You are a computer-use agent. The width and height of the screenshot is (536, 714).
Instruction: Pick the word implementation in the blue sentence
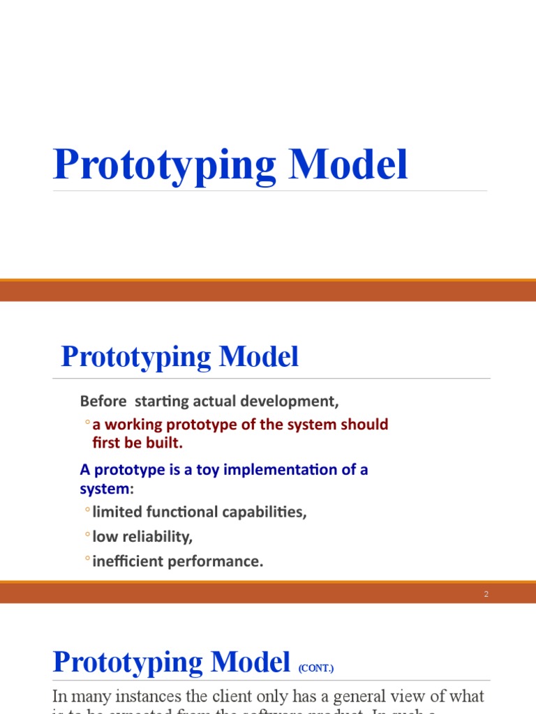tap(290, 469)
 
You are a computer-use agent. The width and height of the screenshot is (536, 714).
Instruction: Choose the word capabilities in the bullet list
tap(262, 512)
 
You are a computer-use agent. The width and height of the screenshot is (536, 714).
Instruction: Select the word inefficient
tap(126, 561)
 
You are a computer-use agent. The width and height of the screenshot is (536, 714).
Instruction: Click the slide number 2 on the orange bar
tap(486, 594)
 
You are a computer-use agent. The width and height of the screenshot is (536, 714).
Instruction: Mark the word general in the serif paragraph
tap(384, 697)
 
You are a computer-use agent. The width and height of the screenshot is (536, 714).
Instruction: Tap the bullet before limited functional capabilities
tap(87, 511)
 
